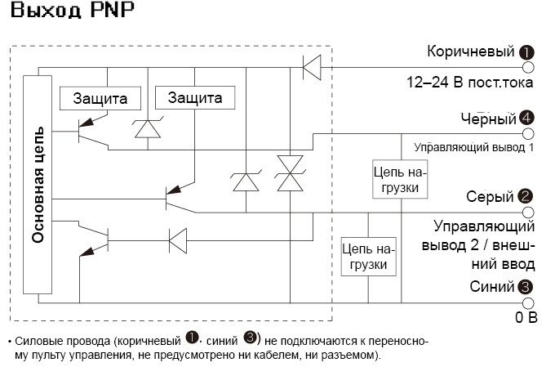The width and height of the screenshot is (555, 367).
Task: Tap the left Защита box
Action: pyautogui.click(x=100, y=98)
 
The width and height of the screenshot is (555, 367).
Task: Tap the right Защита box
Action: pyautogui.click(x=195, y=98)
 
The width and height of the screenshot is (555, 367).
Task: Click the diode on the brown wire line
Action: pyautogui.click(x=312, y=67)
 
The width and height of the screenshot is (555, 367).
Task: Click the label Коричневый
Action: pyautogui.click(x=471, y=52)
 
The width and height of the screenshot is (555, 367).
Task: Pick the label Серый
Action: pyautogui.click(x=490, y=197)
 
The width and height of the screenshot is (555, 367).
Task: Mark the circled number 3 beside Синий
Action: pyautogui.click(x=526, y=287)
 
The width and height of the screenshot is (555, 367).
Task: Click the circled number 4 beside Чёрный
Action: pyautogui.click(x=526, y=119)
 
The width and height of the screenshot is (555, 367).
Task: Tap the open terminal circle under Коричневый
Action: pyautogui.click(x=527, y=67)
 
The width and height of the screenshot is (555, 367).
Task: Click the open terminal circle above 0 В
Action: pyautogui.click(x=527, y=302)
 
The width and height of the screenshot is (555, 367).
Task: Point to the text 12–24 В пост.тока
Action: pyautogui.click(x=470, y=83)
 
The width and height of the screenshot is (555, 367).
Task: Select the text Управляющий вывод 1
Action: pyautogui.click(x=473, y=148)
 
